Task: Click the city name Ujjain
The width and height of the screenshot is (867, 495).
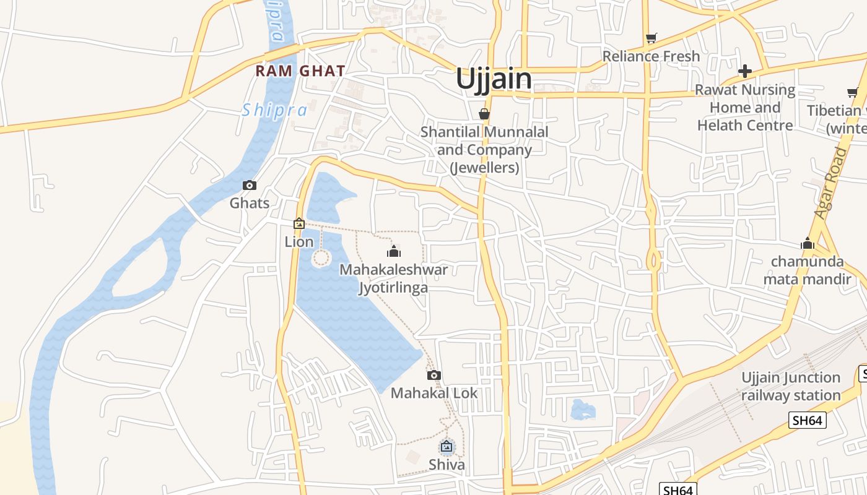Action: click(494, 79)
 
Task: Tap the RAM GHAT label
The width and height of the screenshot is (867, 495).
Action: click(300, 71)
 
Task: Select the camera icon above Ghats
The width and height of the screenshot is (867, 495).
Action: click(250, 185)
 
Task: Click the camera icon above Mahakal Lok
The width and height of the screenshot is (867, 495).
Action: click(434, 375)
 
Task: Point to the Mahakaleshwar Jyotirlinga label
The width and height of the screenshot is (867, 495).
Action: click(393, 278)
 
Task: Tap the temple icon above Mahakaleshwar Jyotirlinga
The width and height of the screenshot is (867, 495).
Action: click(393, 251)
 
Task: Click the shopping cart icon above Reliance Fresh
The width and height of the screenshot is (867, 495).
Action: click(651, 38)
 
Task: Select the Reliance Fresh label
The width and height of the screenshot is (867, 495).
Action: click(651, 56)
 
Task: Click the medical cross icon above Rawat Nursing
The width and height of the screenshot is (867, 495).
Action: click(744, 71)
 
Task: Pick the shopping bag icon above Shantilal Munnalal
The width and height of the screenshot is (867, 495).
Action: click(484, 114)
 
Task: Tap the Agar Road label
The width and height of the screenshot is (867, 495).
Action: click(831, 183)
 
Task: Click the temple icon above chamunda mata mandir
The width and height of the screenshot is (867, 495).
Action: click(807, 243)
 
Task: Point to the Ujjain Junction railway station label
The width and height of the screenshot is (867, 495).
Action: click(791, 386)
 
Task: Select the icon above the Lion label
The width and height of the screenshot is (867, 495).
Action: click(299, 223)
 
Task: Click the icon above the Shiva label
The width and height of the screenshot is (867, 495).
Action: click(447, 445)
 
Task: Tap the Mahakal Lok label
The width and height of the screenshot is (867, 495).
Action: click(434, 393)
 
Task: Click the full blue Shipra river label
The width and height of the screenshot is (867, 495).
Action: click(274, 110)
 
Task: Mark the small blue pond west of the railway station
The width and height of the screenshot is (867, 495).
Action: click(582, 409)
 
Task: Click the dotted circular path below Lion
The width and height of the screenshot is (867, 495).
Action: click(321, 258)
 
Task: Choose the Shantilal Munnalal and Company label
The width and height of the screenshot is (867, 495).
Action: click(484, 149)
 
